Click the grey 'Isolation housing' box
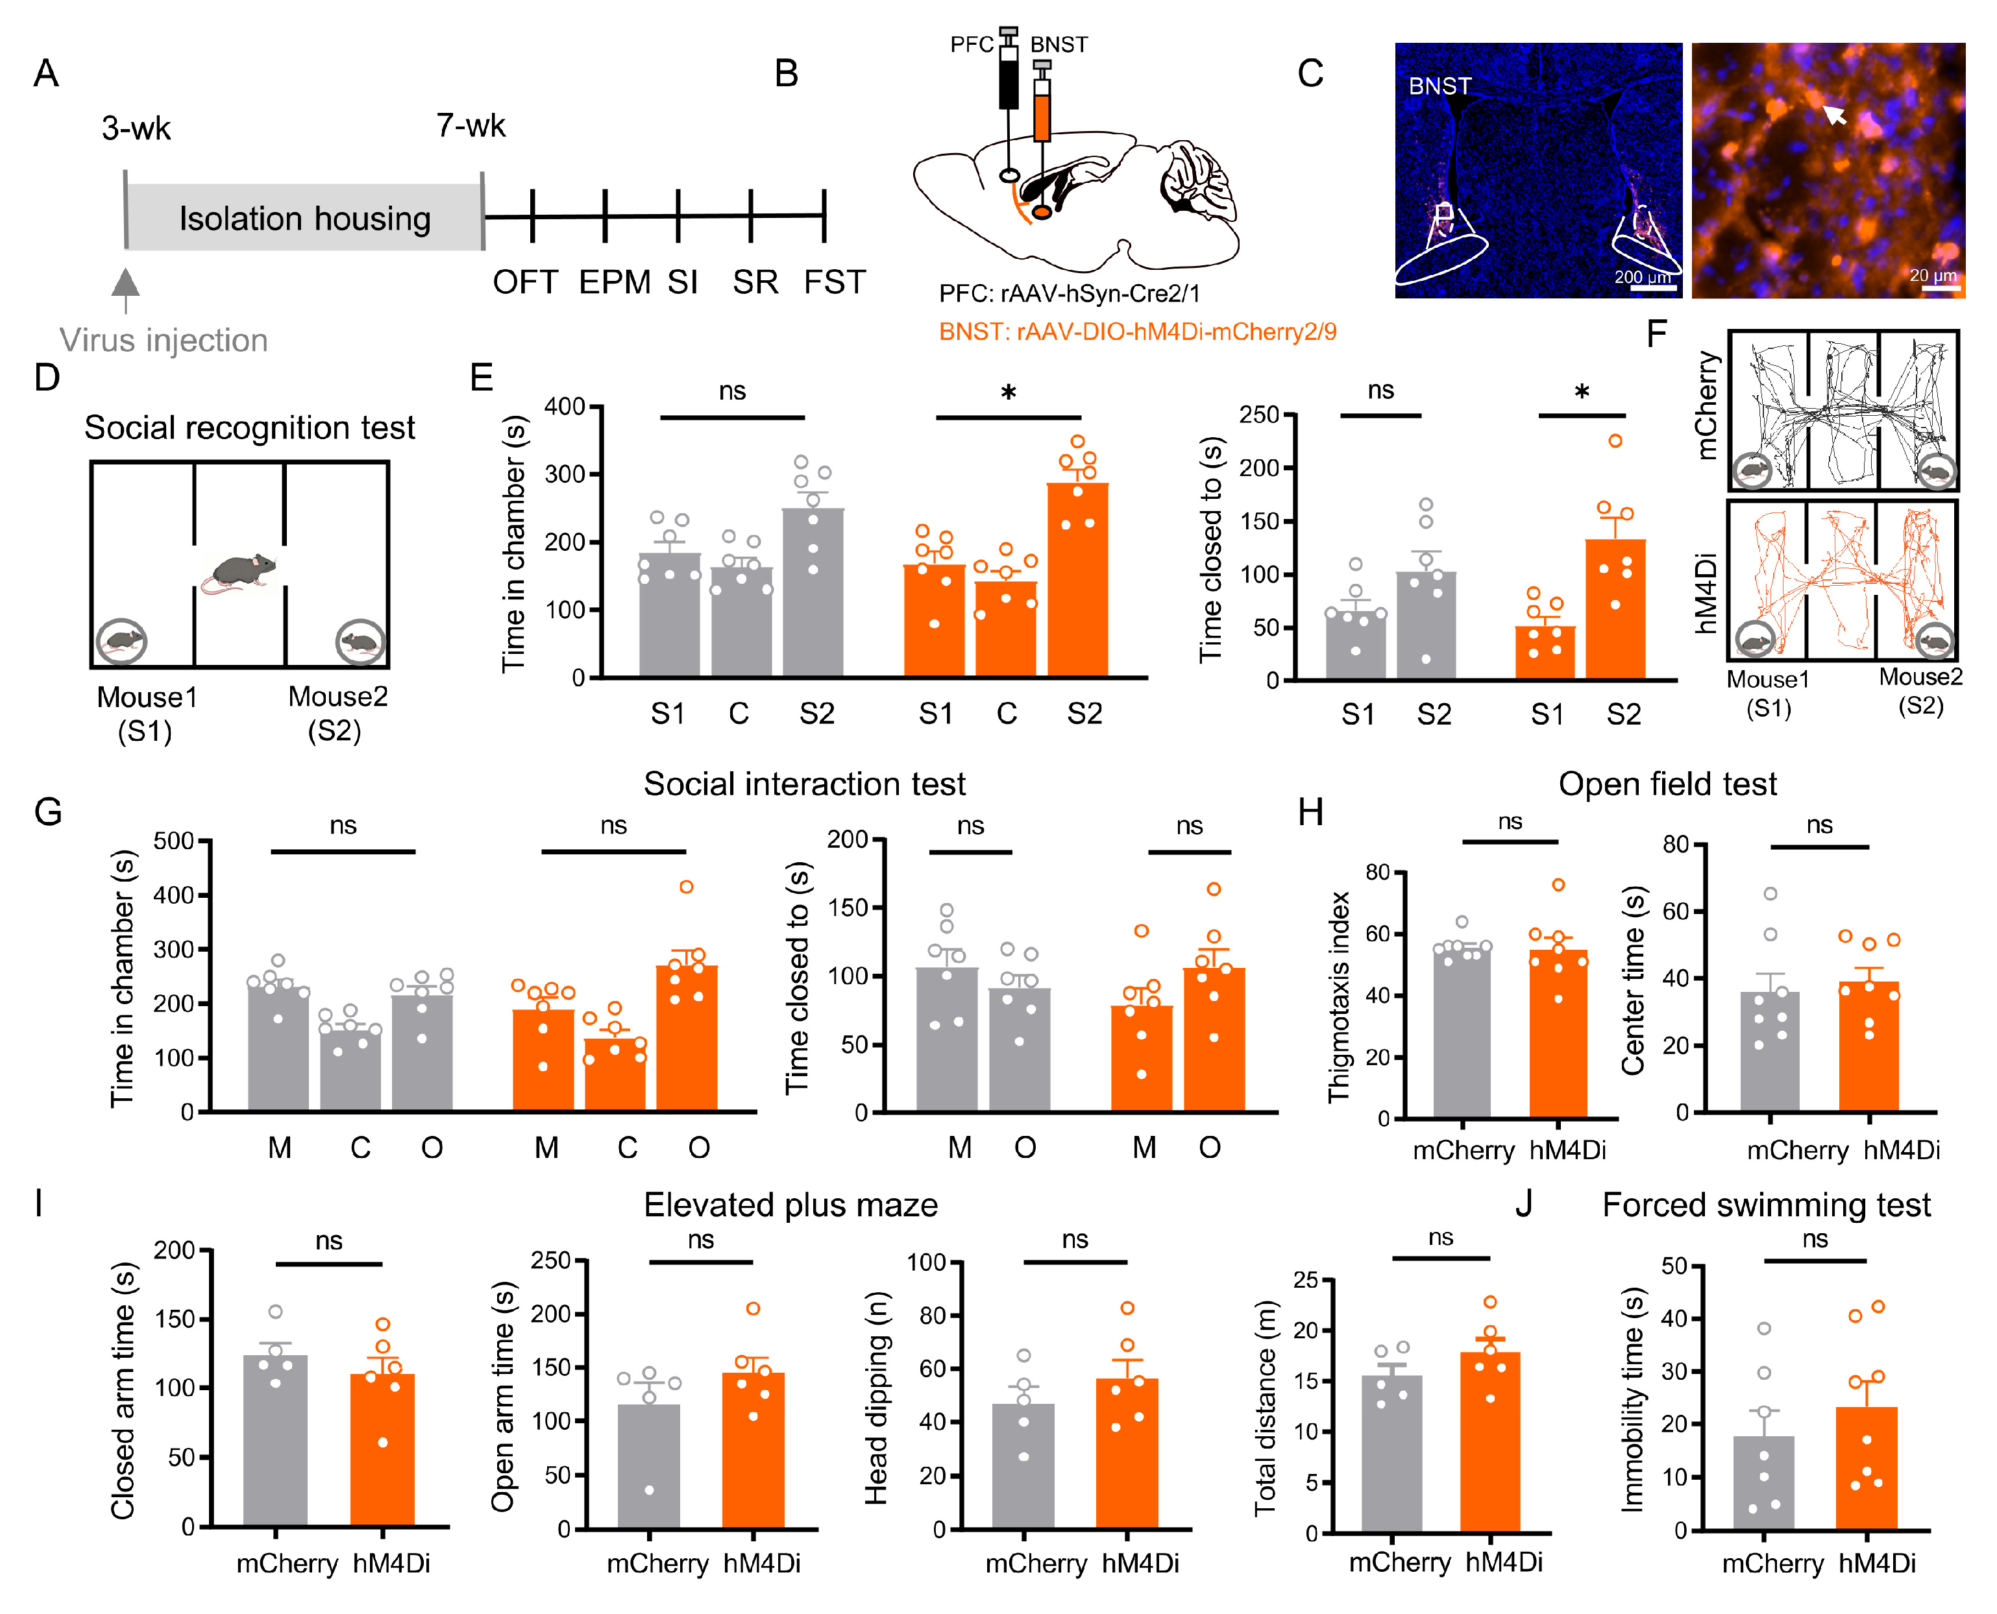[x=304, y=217]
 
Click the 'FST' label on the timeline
[x=835, y=282]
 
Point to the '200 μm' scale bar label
[x=1643, y=277]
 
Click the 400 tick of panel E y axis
[x=565, y=406]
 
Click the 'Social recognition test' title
[x=249, y=428]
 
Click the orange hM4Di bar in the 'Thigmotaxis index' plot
[x=1558, y=1033]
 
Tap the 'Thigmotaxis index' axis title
[x=1338, y=996]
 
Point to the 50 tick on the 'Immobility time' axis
[x=1674, y=1266]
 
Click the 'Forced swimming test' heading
[x=1765, y=1205]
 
